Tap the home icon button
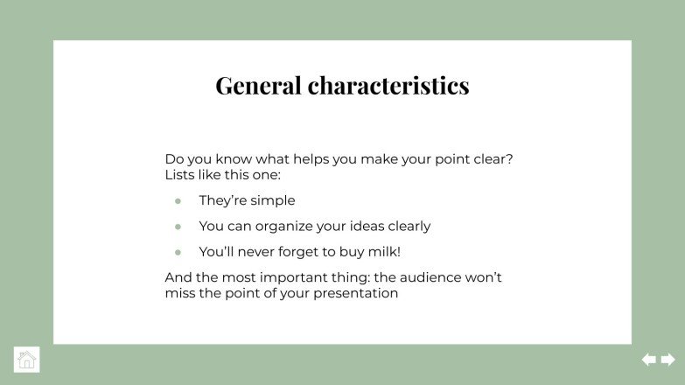coord(27,360)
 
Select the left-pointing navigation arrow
coord(649,360)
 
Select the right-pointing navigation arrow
coord(668,360)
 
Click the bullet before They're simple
coord(178,200)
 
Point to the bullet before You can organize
coord(178,226)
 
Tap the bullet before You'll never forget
coord(178,252)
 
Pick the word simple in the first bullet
coord(273,200)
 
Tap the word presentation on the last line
coord(355,294)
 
